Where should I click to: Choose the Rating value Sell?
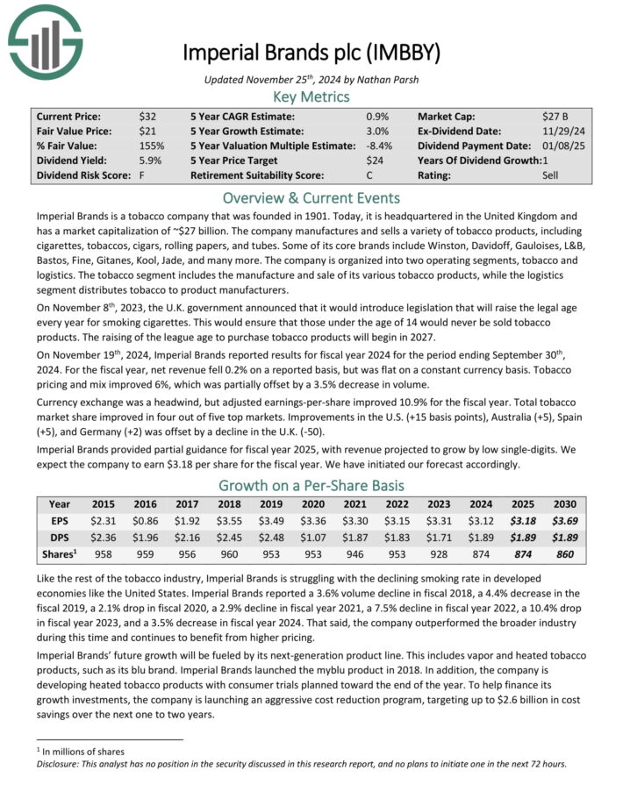[x=551, y=175]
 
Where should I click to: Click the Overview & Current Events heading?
[x=311, y=197]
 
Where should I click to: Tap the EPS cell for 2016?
[x=147, y=521]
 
